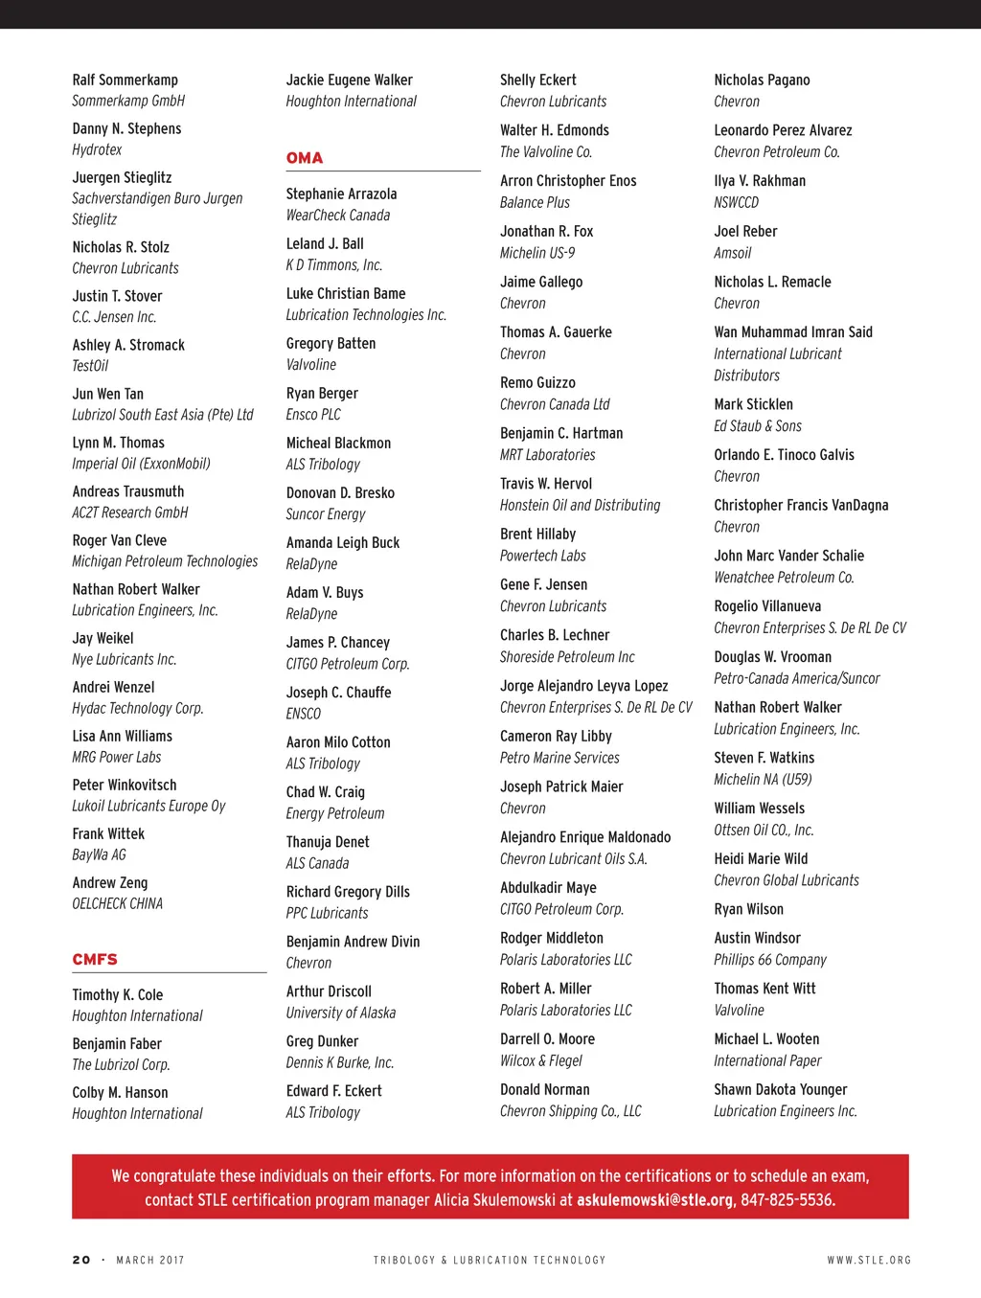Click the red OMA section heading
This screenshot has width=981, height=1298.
(x=305, y=158)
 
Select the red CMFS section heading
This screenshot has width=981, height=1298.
(x=95, y=960)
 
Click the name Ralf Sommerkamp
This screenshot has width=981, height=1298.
(x=125, y=80)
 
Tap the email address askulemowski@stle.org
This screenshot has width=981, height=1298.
(x=654, y=1200)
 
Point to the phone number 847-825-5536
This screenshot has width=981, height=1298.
(x=787, y=1200)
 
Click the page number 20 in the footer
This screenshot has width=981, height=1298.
(x=81, y=1261)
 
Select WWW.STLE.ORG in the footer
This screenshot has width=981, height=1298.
(x=869, y=1261)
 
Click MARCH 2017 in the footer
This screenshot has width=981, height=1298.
(x=150, y=1261)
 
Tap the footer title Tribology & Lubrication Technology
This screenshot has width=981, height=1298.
(x=490, y=1261)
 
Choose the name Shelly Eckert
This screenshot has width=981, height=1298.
(x=538, y=80)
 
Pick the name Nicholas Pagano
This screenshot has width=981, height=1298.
(x=762, y=80)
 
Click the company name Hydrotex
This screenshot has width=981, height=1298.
(x=97, y=150)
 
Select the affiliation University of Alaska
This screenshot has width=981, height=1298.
(x=340, y=1013)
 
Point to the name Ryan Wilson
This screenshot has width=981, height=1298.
(x=748, y=910)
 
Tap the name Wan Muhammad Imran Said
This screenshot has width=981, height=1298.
(x=793, y=332)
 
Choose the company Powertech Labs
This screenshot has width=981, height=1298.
(x=542, y=557)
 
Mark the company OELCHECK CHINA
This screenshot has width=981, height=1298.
(x=117, y=904)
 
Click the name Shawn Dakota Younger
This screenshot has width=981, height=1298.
(x=781, y=1090)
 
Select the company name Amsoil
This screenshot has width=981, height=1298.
(x=732, y=254)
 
